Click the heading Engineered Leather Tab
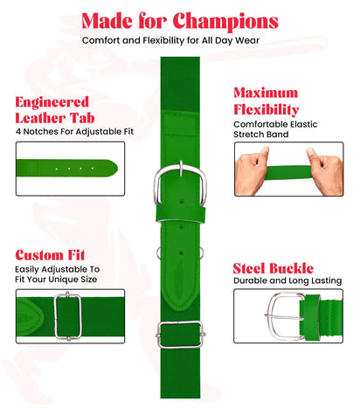pyautogui.click(x=52, y=109)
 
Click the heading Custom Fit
pyautogui.click(x=51, y=254)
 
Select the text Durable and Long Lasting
pyautogui.click(x=287, y=281)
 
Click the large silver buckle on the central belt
pyautogui.click(x=180, y=184)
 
